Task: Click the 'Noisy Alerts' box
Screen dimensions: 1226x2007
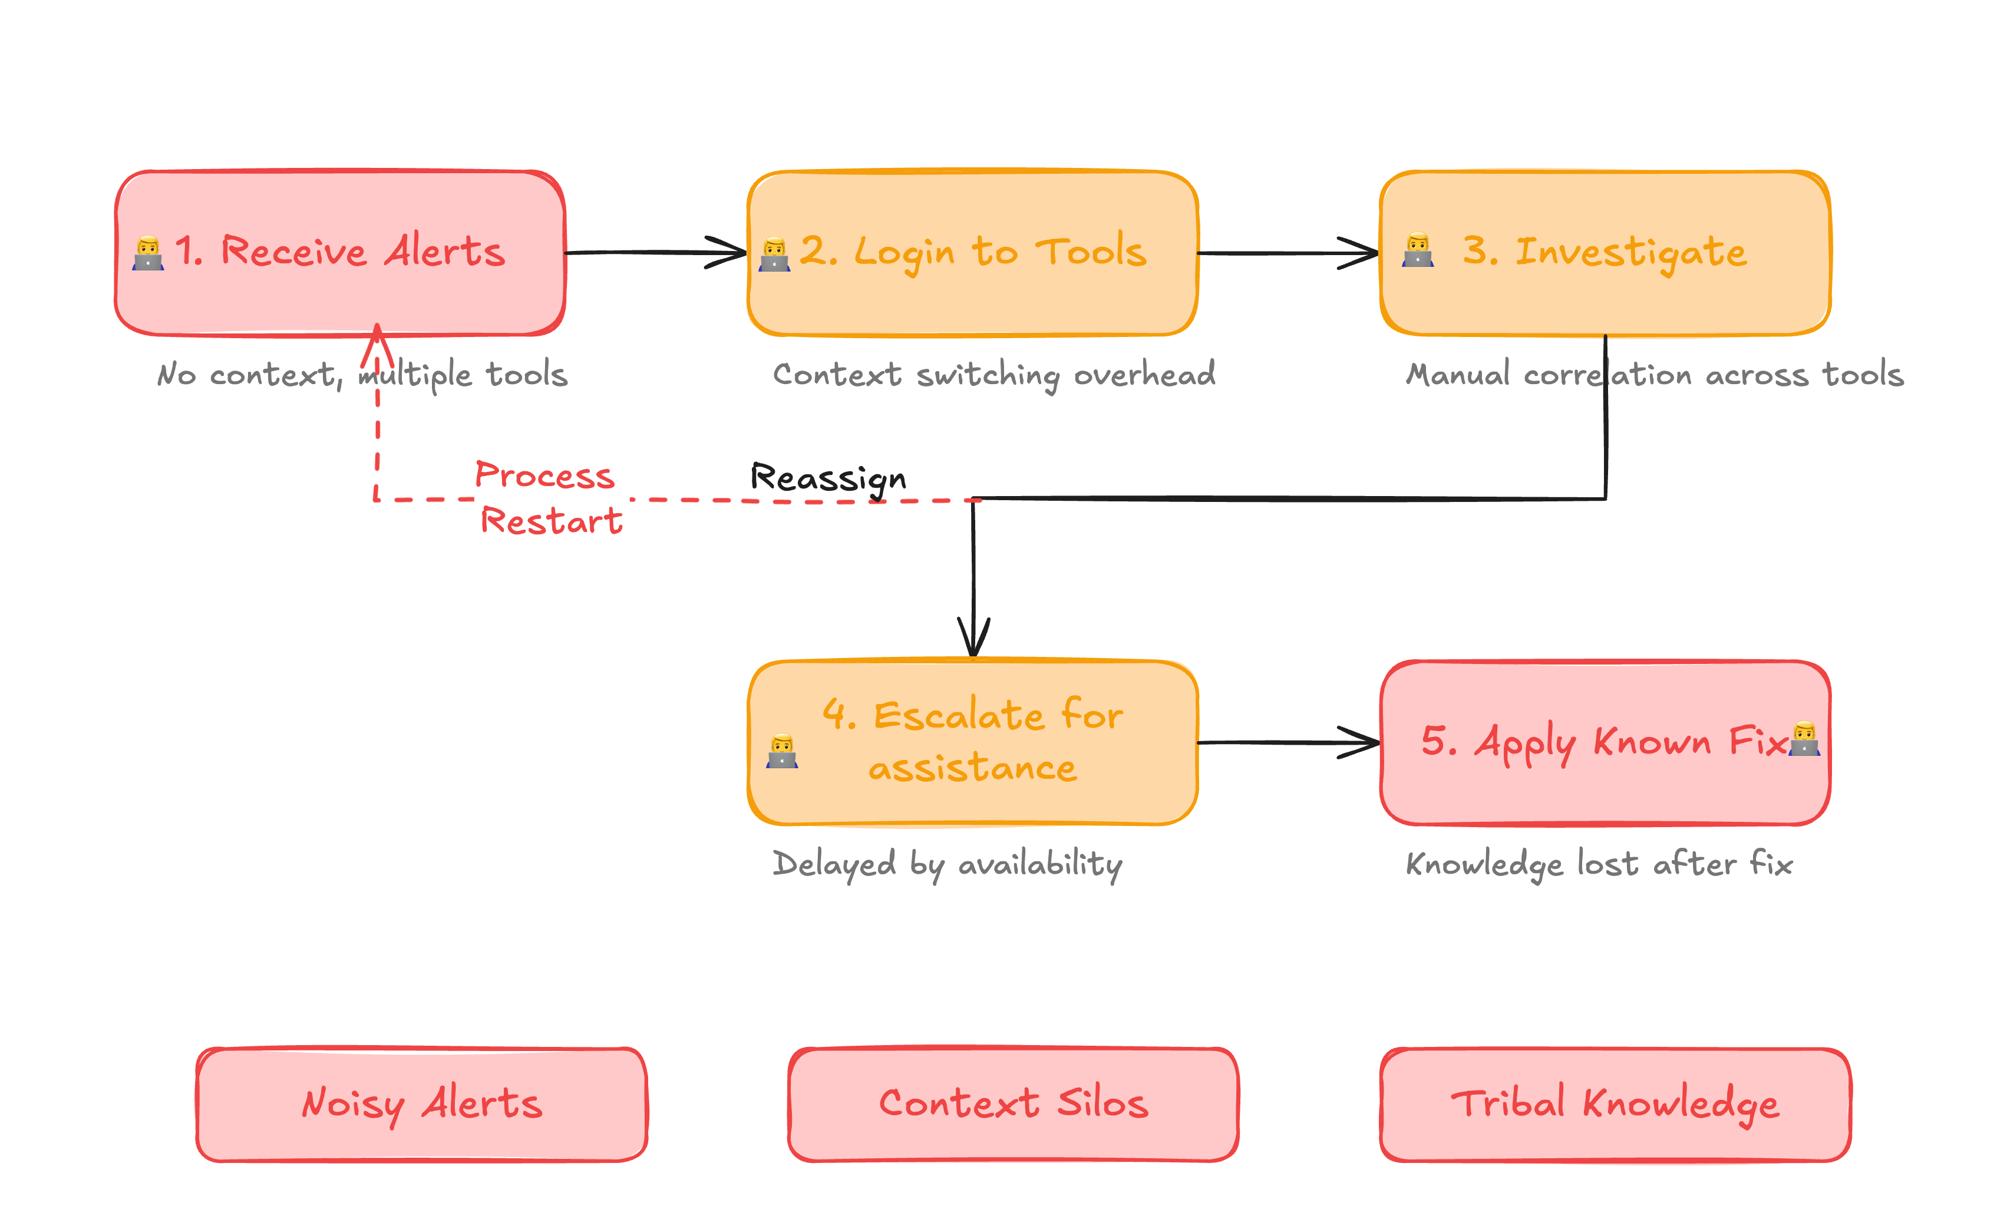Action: [421, 1104]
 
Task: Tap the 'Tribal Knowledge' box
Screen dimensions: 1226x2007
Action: [1615, 1104]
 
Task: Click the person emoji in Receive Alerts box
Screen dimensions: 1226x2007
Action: [148, 253]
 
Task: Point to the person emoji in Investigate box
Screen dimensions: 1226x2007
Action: [1417, 250]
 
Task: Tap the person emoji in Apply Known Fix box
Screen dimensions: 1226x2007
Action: [1804, 739]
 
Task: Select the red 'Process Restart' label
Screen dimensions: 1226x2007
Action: [547, 498]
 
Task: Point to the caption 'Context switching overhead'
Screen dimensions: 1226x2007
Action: [993, 375]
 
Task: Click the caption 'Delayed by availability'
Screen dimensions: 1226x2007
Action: [946, 864]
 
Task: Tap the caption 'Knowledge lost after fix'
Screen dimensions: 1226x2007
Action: [1599, 864]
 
